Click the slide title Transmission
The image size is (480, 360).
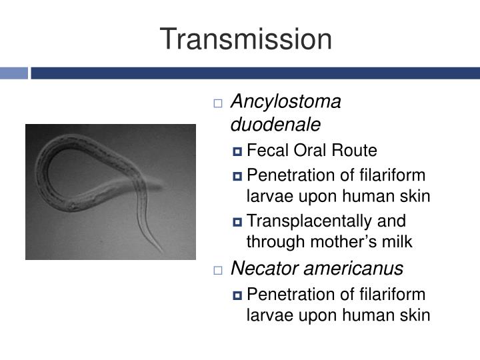(x=245, y=39)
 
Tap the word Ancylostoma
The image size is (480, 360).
(x=285, y=102)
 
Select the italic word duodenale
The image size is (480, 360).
(x=275, y=125)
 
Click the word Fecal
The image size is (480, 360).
(x=265, y=151)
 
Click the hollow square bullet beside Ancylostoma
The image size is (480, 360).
(x=218, y=103)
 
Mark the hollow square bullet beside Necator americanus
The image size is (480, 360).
(x=218, y=270)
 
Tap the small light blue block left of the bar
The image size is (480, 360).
(x=13, y=73)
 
